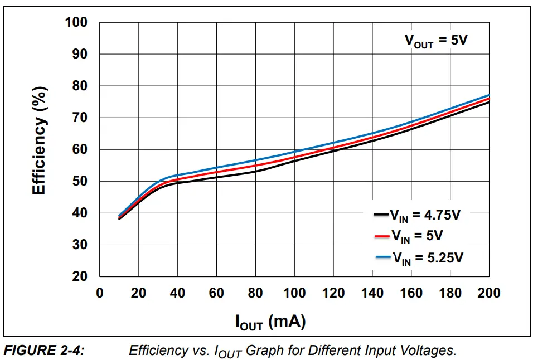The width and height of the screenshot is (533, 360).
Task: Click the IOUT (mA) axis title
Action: point(270,322)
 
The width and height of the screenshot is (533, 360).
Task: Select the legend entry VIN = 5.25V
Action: point(427,257)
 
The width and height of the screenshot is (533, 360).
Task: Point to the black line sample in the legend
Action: point(381,214)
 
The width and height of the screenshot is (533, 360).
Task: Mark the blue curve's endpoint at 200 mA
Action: point(489,95)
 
